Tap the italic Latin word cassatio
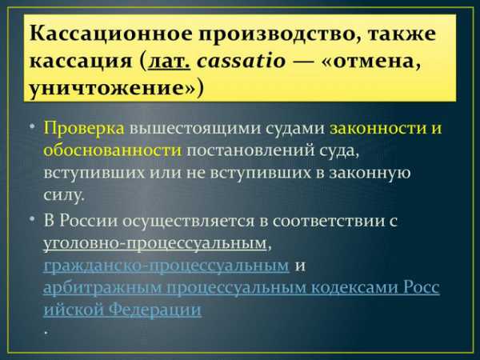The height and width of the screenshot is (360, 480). click(x=242, y=60)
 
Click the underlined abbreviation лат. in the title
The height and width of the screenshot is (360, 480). click(x=170, y=61)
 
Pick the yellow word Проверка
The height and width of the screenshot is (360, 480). click(x=84, y=129)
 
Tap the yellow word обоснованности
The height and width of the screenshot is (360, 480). click(x=112, y=150)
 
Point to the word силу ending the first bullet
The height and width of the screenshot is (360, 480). click(x=62, y=194)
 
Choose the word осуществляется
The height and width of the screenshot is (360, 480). click(x=188, y=222)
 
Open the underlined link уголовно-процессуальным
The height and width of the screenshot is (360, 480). click(x=155, y=244)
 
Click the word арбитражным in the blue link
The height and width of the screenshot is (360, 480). click(x=102, y=288)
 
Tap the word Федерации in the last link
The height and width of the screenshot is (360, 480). click(x=155, y=310)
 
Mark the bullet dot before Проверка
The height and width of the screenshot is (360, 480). click(x=33, y=126)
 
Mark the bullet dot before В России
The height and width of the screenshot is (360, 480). click(x=33, y=218)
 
